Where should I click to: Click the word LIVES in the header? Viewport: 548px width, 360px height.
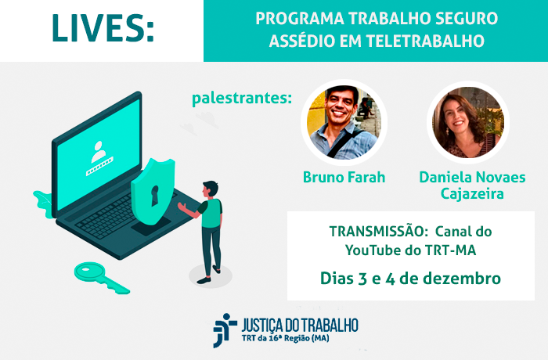(x=99, y=28)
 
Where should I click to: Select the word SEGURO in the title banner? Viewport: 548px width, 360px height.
(x=467, y=19)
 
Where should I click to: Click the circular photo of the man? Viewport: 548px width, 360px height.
(x=344, y=122)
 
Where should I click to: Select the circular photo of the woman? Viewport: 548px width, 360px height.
(x=468, y=122)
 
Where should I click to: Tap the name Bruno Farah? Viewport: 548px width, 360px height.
(x=344, y=177)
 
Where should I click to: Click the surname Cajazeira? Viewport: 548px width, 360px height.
(x=472, y=193)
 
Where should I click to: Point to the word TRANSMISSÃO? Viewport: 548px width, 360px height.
(x=377, y=232)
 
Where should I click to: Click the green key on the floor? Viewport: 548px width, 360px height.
(x=102, y=278)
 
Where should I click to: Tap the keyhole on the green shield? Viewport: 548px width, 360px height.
(x=154, y=196)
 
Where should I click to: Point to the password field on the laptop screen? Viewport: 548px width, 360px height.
(x=99, y=167)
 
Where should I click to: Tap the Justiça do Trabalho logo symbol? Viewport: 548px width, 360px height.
(x=225, y=330)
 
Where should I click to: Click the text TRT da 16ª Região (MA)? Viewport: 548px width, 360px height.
(x=285, y=338)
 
